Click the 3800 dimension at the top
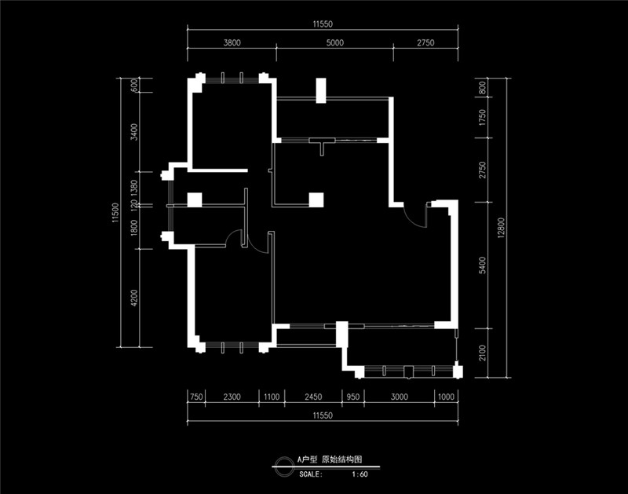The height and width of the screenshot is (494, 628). [x=232, y=42]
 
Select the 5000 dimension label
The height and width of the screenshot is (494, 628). [x=335, y=42]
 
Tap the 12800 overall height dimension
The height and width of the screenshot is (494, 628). [x=502, y=228]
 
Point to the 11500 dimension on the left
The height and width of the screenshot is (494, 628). [x=115, y=212]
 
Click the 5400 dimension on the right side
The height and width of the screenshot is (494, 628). [x=482, y=265]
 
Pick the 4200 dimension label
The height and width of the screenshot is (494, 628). [x=133, y=298]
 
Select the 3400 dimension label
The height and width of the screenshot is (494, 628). [x=133, y=132]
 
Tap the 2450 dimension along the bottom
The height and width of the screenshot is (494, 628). [x=313, y=397]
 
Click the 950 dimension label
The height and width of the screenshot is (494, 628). [x=352, y=397]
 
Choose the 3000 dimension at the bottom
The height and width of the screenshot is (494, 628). [x=400, y=397]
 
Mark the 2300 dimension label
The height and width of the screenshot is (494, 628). [x=232, y=397]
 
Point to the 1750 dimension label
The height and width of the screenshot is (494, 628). [x=482, y=117]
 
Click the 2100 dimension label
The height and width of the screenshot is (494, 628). [x=482, y=353]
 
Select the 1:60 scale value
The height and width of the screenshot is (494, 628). [x=360, y=474]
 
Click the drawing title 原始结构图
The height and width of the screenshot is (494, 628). [x=341, y=459]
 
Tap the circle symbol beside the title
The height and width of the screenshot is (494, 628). [x=283, y=467]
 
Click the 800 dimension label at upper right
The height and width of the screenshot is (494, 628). [x=482, y=87]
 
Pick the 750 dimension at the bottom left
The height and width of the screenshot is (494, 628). [x=196, y=397]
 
